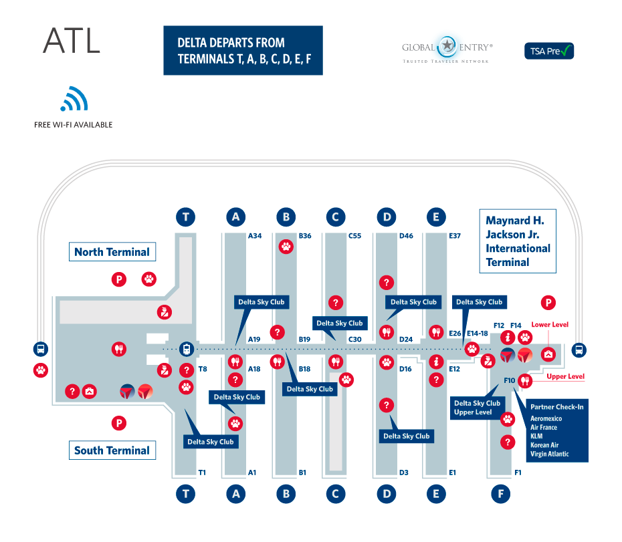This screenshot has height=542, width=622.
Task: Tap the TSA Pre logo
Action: point(548,51)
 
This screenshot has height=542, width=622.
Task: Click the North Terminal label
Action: point(112,252)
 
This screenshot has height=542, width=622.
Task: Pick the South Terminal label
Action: point(112,450)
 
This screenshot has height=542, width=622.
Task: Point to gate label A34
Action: point(255,236)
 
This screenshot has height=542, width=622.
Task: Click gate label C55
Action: point(355,236)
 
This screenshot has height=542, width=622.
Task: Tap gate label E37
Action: point(455,236)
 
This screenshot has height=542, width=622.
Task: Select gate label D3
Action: point(403,472)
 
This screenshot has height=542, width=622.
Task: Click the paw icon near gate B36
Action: point(286,247)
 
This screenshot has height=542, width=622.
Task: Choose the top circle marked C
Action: point(336,217)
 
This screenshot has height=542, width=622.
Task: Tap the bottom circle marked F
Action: point(500,495)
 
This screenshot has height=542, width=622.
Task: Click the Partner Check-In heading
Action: point(556,406)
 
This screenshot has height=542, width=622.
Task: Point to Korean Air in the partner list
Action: point(545,445)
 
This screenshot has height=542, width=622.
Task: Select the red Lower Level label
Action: point(550,325)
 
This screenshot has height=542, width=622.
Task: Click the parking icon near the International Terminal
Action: point(548,303)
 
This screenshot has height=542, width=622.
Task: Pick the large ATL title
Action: point(72,41)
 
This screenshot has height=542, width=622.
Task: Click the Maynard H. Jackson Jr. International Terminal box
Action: point(518,241)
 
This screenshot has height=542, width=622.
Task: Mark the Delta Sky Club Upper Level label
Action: point(477,408)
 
